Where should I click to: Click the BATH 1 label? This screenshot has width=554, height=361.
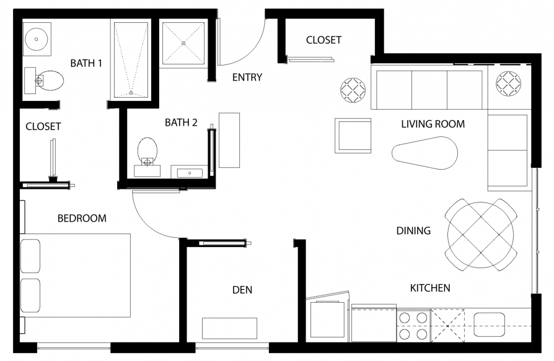click(x=86, y=63)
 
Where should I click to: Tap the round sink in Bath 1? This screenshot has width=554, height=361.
click(x=36, y=39)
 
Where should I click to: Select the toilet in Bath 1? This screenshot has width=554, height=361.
click(x=44, y=80)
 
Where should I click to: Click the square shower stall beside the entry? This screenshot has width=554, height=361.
click(x=183, y=43)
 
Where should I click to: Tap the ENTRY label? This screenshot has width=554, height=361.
click(x=247, y=77)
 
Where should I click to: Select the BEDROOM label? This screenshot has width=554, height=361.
click(x=82, y=219)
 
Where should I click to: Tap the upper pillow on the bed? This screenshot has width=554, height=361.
click(x=30, y=256)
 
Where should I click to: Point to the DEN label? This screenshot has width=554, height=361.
click(x=242, y=290)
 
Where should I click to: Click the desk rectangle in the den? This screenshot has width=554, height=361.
click(x=229, y=328)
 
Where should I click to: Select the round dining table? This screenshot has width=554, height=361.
click(x=480, y=235)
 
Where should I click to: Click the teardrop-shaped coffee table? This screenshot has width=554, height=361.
click(x=424, y=153)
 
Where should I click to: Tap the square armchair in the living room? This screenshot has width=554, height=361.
click(x=353, y=136)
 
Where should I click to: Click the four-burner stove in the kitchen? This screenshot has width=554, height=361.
click(x=413, y=326)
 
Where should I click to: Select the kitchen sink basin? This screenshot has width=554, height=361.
click(x=489, y=324)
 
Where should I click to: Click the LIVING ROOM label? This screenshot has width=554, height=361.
click(x=433, y=124)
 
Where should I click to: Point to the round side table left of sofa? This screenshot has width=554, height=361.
click(x=353, y=90)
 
